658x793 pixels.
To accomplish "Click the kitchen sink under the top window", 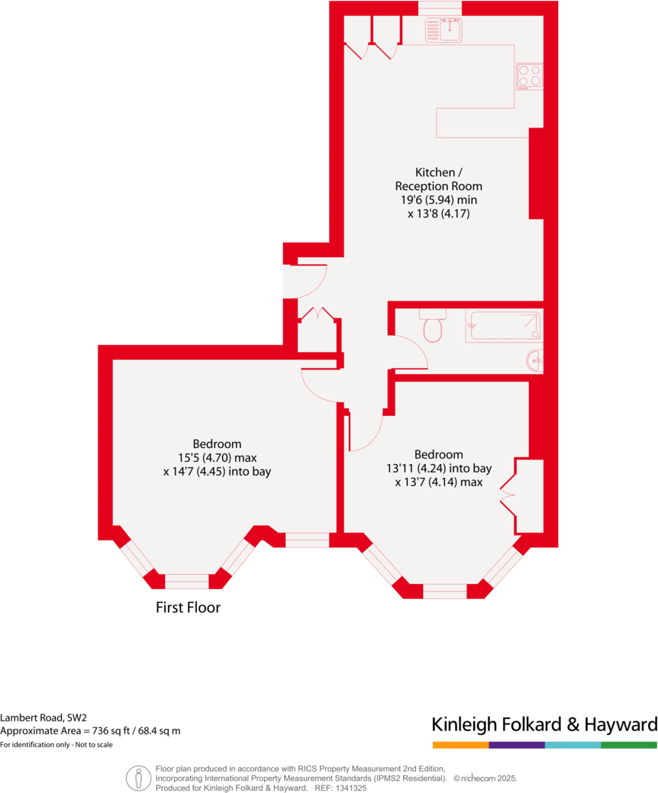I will click(445, 30).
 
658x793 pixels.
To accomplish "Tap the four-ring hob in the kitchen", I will click(529, 76).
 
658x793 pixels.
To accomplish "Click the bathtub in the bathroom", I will click(504, 325).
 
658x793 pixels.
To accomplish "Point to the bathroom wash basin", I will click(537, 360).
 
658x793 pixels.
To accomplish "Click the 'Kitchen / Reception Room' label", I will click(438, 179).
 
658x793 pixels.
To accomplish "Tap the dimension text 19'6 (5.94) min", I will click(438, 200).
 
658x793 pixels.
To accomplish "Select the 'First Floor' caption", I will click(188, 608).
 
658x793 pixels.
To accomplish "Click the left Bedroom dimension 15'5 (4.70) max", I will click(217, 458).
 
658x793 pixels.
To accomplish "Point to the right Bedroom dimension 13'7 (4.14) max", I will click(438, 482).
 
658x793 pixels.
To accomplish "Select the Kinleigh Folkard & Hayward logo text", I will click(543, 724).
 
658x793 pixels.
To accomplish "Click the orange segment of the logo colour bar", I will click(460, 744).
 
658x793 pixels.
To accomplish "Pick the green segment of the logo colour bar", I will click(628, 744).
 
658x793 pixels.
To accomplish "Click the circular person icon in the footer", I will click(138, 777).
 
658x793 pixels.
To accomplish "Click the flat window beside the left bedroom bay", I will click(307, 540).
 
